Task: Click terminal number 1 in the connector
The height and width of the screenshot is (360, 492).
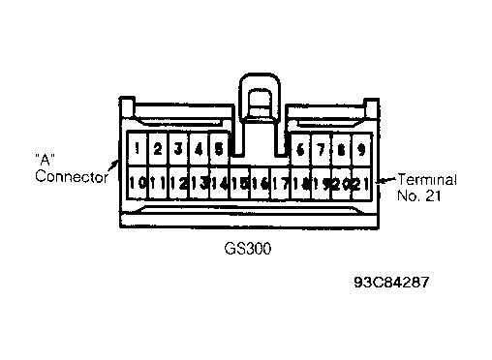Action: (x=138, y=149)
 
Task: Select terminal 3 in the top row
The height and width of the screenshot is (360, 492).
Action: (x=178, y=149)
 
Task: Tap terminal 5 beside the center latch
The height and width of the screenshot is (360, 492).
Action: (x=219, y=149)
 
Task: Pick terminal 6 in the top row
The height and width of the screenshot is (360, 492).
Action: (x=300, y=149)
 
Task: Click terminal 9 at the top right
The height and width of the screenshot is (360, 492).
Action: (x=361, y=149)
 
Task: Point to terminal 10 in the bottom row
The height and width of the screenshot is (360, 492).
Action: (x=138, y=183)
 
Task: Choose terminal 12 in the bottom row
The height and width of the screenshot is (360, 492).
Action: (x=178, y=183)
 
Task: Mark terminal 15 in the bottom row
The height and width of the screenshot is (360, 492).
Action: (x=239, y=183)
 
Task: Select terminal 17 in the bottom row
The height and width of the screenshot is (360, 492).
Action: (x=280, y=183)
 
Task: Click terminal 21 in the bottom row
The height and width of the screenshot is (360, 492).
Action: (x=361, y=183)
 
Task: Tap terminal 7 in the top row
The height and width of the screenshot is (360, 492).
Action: (x=321, y=149)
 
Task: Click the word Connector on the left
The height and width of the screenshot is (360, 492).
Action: (x=72, y=176)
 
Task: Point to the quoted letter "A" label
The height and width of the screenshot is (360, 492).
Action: (x=45, y=160)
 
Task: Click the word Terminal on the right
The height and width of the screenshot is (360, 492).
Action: (x=427, y=179)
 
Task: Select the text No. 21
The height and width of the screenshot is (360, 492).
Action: (x=418, y=195)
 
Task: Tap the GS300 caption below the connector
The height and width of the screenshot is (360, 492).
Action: (x=248, y=249)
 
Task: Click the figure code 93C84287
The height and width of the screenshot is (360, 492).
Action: (x=391, y=282)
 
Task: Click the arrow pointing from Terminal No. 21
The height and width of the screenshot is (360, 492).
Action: (x=385, y=180)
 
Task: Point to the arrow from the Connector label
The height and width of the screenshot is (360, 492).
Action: (x=112, y=165)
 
